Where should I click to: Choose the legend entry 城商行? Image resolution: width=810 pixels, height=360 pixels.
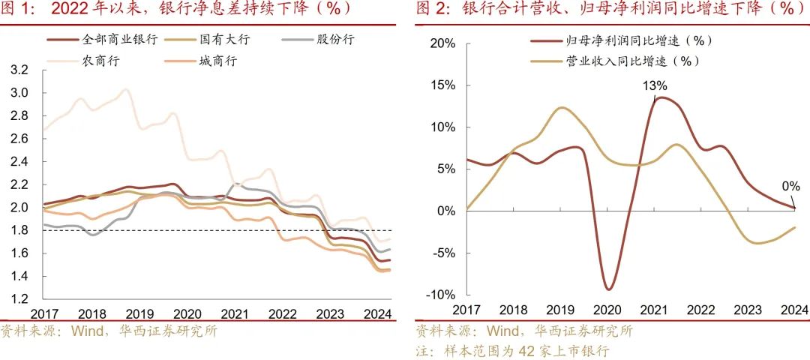[217, 61]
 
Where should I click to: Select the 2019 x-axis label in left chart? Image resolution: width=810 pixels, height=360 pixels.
[139, 314]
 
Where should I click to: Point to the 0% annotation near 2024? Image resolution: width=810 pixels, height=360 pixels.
[790, 186]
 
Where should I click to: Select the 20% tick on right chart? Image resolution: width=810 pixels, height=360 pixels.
[442, 44]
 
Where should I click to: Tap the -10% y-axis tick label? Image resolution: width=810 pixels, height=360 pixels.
[440, 295]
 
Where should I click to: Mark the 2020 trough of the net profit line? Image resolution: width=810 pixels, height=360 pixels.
[608, 289]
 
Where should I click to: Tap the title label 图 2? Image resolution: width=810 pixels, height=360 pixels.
[433, 10]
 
